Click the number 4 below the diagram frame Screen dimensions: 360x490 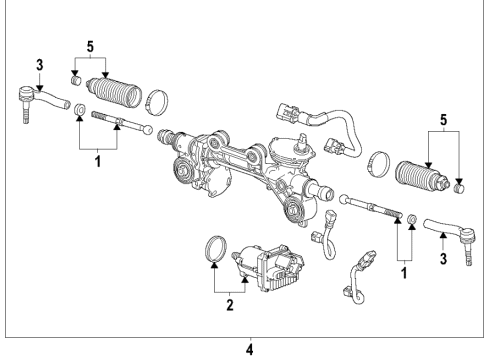pyautogui.click(x=250, y=349)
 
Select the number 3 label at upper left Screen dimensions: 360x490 pyautogui.click(x=38, y=65)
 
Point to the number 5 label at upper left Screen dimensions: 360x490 pyautogui.click(x=91, y=46)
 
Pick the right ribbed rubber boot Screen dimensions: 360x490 pyautogui.click(x=421, y=177)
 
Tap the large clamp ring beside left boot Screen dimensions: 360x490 pyautogui.click(x=156, y=102)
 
